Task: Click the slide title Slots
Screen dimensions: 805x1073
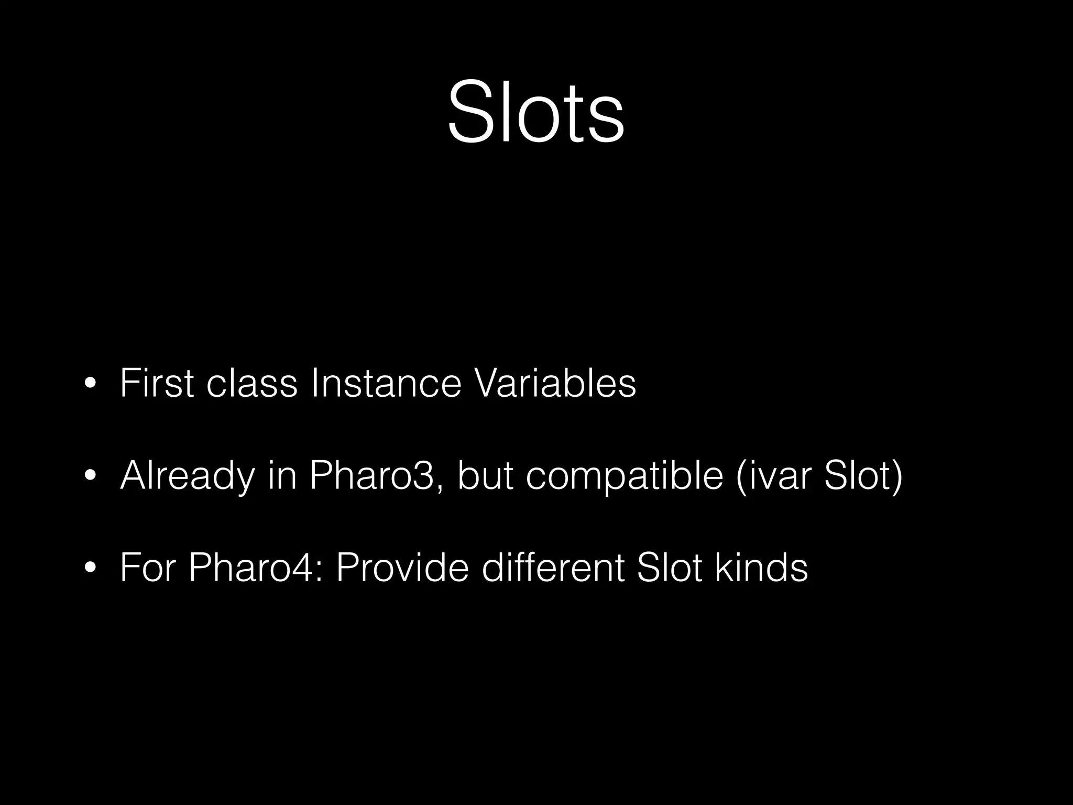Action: coord(536,111)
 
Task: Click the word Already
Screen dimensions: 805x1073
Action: coord(187,477)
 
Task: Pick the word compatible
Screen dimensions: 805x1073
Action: coord(625,477)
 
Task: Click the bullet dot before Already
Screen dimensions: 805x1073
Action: coord(90,476)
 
